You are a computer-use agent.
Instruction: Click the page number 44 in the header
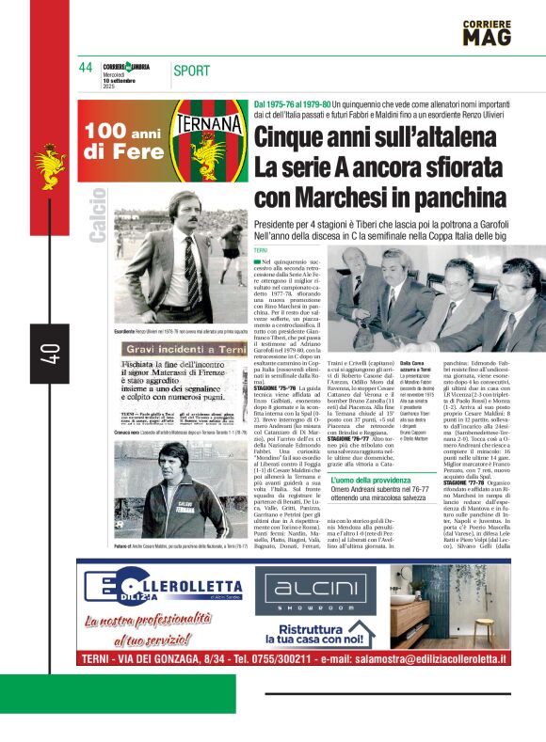pos(86,69)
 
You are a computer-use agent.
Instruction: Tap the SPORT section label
pos(192,70)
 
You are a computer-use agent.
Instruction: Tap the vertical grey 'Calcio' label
pos(98,215)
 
